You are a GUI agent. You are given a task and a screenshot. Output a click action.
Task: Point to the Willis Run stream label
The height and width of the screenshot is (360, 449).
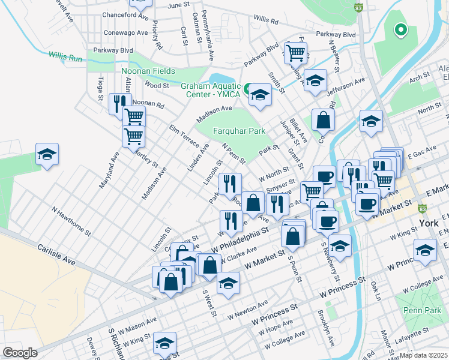click(64, 59)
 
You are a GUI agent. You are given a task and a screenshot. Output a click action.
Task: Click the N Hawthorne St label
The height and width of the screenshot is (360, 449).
click(70, 221)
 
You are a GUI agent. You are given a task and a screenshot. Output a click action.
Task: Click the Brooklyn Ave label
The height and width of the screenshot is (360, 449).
click(327, 328)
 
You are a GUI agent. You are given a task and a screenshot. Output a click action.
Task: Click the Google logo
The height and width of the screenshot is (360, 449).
click(20, 353)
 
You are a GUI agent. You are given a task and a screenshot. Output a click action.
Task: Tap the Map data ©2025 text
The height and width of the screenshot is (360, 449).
click(424, 355)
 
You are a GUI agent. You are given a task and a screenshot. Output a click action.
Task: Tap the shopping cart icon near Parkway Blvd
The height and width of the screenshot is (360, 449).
click(295, 52)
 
